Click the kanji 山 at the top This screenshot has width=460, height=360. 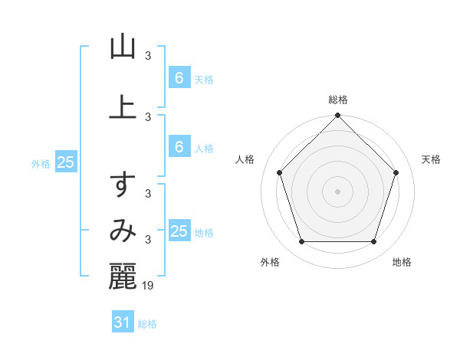(123, 47)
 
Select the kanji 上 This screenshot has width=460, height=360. (123, 105)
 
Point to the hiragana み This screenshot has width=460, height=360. (123, 231)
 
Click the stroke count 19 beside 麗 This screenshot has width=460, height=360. (149, 285)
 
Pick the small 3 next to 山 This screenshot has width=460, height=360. (148, 55)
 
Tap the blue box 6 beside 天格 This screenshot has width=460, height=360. (179, 78)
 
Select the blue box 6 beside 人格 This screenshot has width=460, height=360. (179, 147)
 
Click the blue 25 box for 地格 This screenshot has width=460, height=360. (179, 231)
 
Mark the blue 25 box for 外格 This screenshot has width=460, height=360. (65, 162)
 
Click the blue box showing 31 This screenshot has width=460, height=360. (122, 322)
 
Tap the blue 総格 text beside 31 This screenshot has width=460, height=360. (147, 324)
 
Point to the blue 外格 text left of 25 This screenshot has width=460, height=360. (41, 163)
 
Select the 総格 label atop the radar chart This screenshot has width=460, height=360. (338, 100)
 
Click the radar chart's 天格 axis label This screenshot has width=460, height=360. (432, 159)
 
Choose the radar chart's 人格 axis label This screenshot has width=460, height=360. (245, 159)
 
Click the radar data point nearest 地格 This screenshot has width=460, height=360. (374, 242)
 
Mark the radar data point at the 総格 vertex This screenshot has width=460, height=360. (338, 116)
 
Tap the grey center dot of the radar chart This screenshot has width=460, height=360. (338, 191)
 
